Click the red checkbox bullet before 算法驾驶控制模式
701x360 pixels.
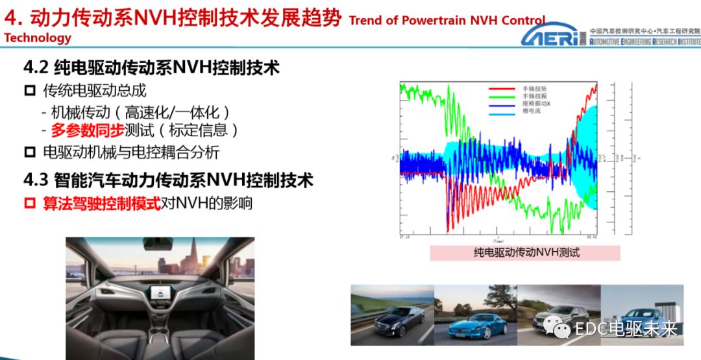pos(29,204)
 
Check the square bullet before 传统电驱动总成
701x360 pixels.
pos(29,90)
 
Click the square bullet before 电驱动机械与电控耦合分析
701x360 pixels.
pos(29,153)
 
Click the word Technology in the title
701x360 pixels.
pos(38,38)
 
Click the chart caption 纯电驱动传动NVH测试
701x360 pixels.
pos(526,253)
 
